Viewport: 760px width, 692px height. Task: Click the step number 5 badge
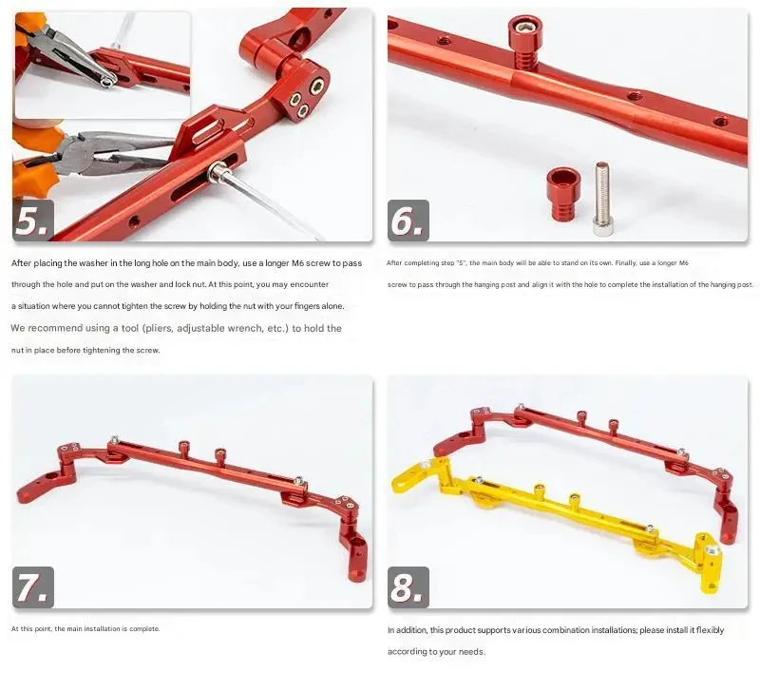[x=33, y=221]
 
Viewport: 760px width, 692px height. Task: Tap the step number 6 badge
[x=408, y=221]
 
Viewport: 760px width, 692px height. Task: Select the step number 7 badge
[x=33, y=586]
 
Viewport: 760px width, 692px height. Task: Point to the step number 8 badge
[x=408, y=586]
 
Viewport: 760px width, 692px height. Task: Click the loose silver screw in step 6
[x=601, y=199]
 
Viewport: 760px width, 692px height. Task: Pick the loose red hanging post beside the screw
[x=561, y=194]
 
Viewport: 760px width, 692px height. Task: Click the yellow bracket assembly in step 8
[x=558, y=519]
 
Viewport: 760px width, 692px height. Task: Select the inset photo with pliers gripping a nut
[x=103, y=65]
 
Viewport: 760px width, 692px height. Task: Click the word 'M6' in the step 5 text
[x=297, y=263]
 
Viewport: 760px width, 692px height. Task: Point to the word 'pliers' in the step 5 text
[x=159, y=328]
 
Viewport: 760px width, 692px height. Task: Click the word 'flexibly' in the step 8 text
[x=710, y=630]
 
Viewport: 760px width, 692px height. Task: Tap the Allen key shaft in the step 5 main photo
[x=272, y=203]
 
